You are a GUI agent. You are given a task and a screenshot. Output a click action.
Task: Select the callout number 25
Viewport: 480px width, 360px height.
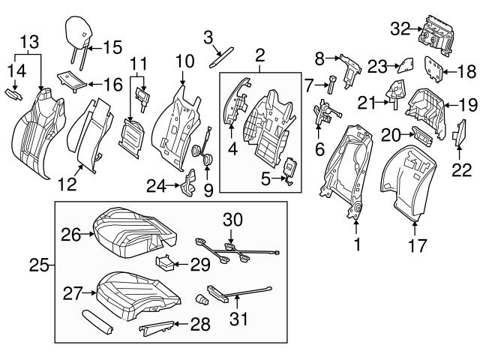coord(43,265)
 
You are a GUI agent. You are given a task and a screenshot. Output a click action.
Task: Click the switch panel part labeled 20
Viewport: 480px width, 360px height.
coord(422,136)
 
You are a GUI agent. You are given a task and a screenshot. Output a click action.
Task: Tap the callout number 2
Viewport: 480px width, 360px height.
coord(260,55)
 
